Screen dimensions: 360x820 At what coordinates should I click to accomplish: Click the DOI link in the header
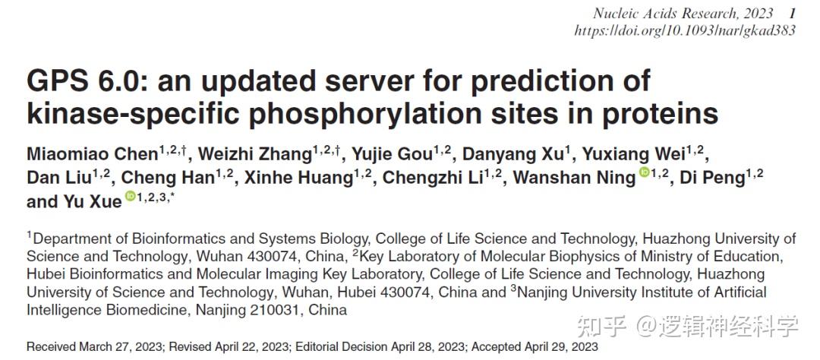point(685,31)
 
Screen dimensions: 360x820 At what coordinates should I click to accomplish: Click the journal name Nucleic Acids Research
point(669,13)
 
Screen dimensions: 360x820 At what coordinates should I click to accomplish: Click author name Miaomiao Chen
point(92,155)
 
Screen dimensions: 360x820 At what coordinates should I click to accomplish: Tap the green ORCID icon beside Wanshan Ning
point(645,174)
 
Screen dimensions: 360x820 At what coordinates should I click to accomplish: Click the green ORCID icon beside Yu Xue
point(130,197)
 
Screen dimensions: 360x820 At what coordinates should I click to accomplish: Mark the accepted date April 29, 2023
point(562,347)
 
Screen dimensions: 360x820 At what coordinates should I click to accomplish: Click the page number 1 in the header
point(792,13)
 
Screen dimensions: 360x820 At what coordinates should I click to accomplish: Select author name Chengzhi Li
point(434,178)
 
